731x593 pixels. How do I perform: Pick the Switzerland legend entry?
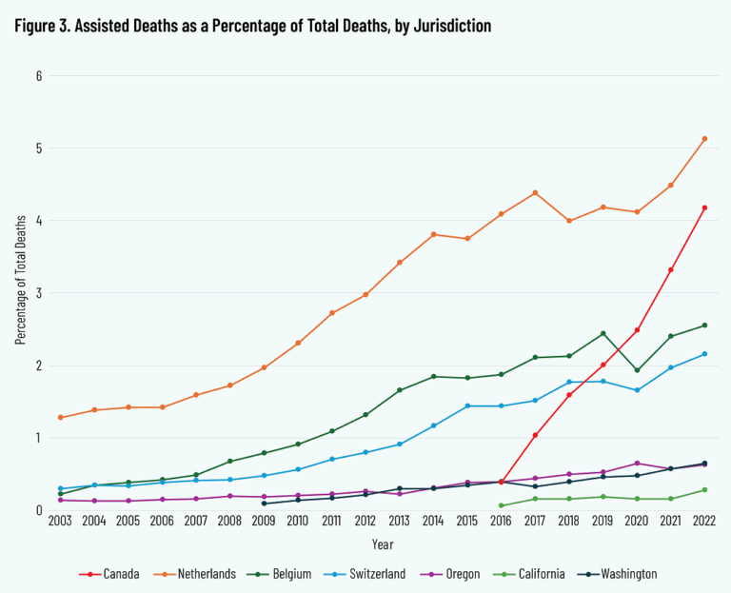pyautogui.click(x=374, y=574)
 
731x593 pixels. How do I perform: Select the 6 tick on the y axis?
pyautogui.click(x=39, y=75)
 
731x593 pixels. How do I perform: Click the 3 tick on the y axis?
pyautogui.click(x=39, y=293)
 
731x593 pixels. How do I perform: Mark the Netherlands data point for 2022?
pyautogui.click(x=704, y=139)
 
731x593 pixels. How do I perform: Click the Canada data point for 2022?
pyautogui.click(x=704, y=208)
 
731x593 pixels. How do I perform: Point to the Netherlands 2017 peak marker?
pyautogui.click(x=535, y=192)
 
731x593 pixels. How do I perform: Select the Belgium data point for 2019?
pyautogui.click(x=603, y=333)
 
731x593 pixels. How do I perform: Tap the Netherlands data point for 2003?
pyautogui.click(x=60, y=418)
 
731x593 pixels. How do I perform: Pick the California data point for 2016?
pyautogui.click(x=501, y=505)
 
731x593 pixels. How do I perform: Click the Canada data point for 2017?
pyautogui.click(x=535, y=435)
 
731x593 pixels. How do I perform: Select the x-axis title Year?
pyautogui.click(x=382, y=545)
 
